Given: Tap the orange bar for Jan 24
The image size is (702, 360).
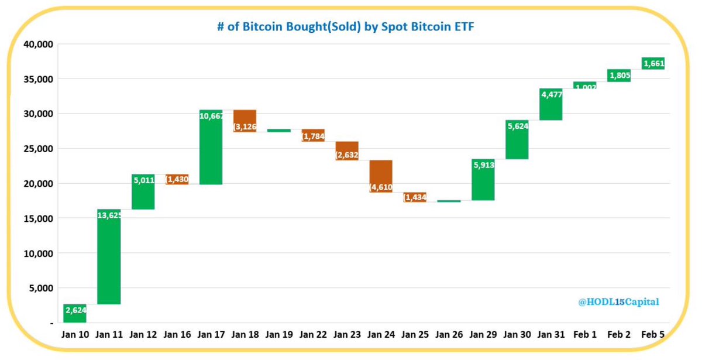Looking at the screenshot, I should pyautogui.click(x=380, y=176).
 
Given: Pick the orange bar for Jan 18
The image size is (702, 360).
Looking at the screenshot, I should pyautogui.click(x=245, y=121).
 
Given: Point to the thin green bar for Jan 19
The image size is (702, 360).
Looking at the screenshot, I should pyautogui.click(x=278, y=131).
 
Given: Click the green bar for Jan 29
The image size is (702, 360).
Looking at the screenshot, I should pyautogui.click(x=483, y=180).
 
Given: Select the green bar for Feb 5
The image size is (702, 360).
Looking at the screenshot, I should pyautogui.click(x=652, y=63).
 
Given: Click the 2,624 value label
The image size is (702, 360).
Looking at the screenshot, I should pyautogui.click(x=75, y=311).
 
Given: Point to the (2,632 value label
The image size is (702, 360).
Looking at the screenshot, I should pyautogui.click(x=347, y=155).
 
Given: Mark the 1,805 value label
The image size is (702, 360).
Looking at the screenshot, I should pyautogui.click(x=620, y=76).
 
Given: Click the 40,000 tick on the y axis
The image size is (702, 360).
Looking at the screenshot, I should pyautogui.click(x=38, y=44).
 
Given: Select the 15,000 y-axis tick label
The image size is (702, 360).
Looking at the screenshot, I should pyautogui.click(x=38, y=218).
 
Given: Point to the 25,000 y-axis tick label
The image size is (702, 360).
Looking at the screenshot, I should pyautogui.click(x=38, y=149).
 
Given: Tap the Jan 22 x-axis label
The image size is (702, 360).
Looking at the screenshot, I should pyautogui.click(x=313, y=335).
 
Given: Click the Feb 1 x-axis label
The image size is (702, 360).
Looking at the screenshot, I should pyautogui.click(x=585, y=335).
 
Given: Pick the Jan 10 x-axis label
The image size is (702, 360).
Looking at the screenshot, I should pyautogui.click(x=75, y=335).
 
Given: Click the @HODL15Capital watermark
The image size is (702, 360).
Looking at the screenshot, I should pyautogui.click(x=618, y=302).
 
